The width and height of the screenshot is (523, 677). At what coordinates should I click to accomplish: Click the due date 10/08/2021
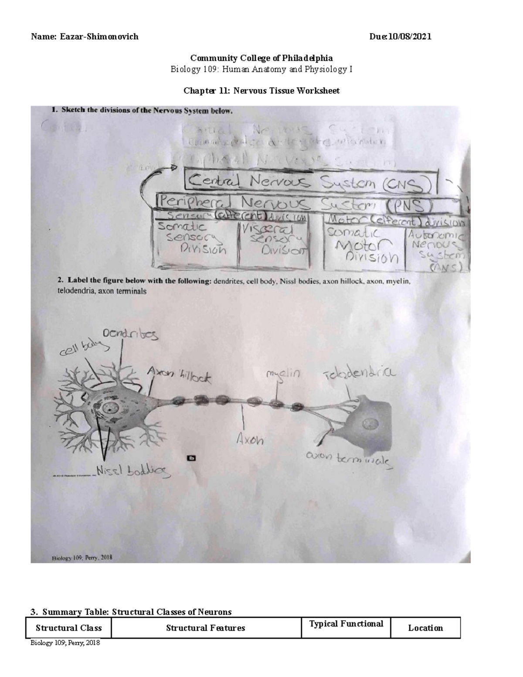[x=411, y=37]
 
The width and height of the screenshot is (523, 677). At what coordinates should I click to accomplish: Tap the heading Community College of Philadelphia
[x=261, y=58]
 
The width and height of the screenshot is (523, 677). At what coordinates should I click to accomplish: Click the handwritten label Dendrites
[x=130, y=334]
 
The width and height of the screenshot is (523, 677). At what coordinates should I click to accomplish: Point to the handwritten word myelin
[x=283, y=374]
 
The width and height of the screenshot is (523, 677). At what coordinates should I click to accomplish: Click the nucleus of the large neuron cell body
[x=109, y=408]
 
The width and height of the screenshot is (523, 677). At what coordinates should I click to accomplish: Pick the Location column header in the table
[x=425, y=628]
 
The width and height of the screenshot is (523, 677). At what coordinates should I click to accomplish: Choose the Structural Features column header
[x=206, y=628]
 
